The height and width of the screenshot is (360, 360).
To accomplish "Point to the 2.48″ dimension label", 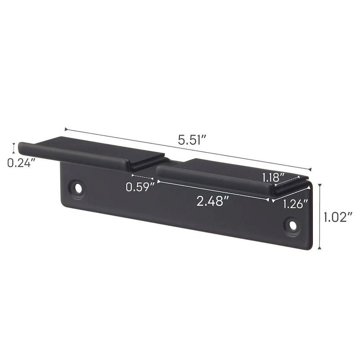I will (210, 201).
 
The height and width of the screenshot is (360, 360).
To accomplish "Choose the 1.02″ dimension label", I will (338, 218).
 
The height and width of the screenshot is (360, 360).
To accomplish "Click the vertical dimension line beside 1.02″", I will (320, 216).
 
